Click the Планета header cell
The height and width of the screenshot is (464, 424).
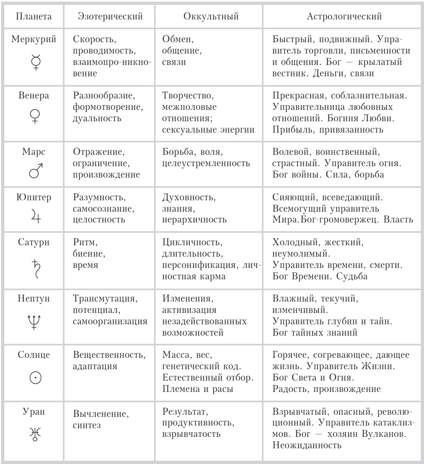(34, 16)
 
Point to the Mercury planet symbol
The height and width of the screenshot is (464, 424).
(34, 64)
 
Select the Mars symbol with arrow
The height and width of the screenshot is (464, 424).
(34, 171)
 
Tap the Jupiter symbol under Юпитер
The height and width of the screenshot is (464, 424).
(34, 217)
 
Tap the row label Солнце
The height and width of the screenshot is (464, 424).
(34, 355)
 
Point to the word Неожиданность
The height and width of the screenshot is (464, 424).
(307, 445)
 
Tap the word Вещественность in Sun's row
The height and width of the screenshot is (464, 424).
(109, 355)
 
